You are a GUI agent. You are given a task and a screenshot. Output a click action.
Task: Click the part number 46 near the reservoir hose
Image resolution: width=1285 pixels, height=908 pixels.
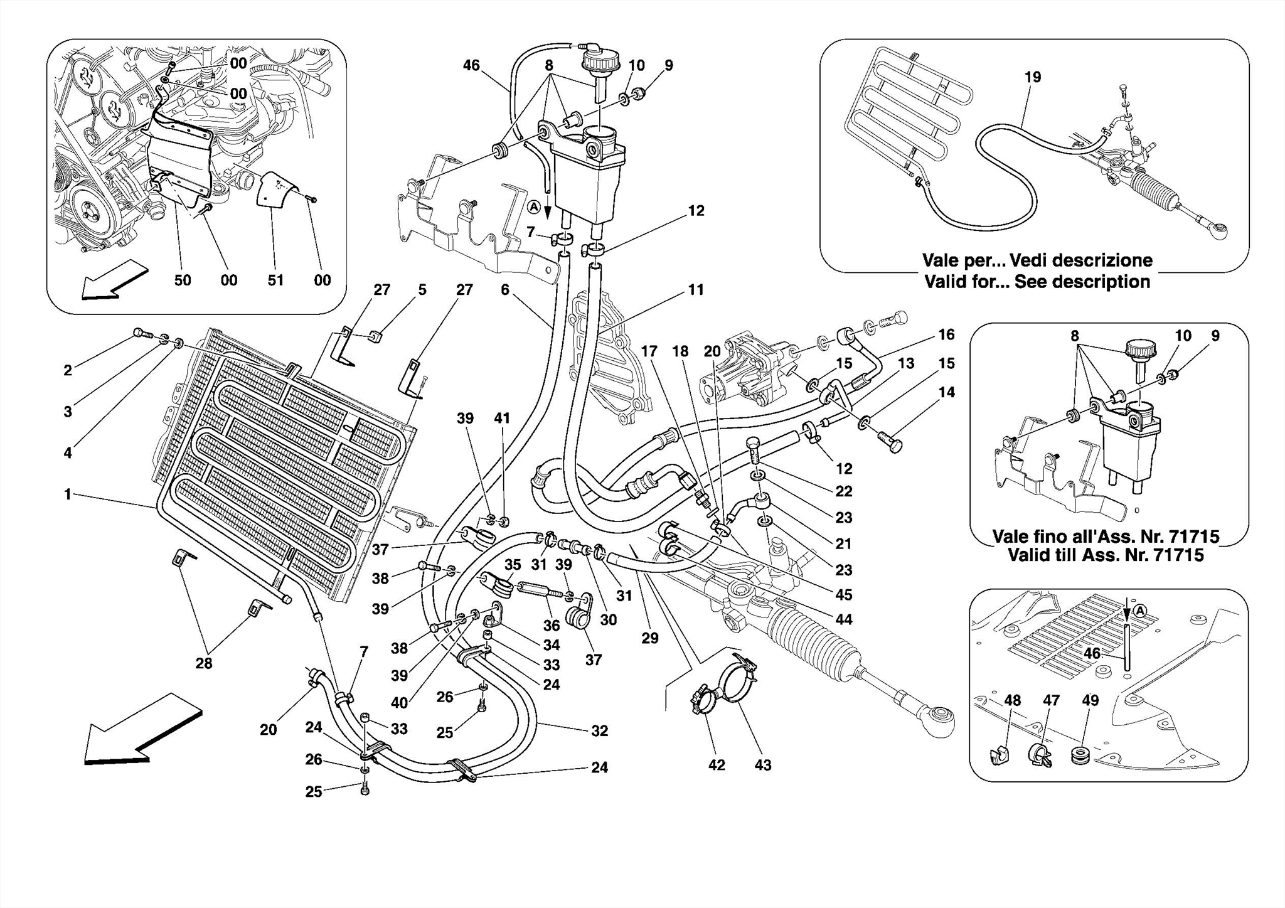[471, 65]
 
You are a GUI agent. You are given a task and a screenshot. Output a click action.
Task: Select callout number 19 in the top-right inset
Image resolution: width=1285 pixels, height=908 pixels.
[1032, 77]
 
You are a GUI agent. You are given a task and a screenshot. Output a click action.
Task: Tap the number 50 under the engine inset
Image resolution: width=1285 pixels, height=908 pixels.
[183, 280]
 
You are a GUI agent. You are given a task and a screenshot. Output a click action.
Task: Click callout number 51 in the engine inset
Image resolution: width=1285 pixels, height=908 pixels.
[276, 280]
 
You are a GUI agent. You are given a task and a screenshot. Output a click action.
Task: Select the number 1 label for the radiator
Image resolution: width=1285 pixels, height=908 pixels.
[68, 495]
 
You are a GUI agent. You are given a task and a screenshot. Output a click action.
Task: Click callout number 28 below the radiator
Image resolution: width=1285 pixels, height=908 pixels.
[204, 663]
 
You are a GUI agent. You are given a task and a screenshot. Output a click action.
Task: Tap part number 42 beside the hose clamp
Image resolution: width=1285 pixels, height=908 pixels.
[717, 765]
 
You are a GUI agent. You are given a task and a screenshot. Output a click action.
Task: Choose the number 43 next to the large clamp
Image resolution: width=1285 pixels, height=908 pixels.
[762, 765]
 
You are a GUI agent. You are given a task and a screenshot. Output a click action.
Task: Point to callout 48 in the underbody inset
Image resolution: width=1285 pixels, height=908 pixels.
[1012, 700]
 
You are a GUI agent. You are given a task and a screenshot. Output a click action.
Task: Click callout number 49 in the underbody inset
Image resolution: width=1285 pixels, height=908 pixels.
[1090, 700]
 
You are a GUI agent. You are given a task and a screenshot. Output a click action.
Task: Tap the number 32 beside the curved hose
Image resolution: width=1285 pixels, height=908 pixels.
[599, 730]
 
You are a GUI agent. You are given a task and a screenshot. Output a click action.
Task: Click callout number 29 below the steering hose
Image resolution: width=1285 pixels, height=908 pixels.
[650, 638]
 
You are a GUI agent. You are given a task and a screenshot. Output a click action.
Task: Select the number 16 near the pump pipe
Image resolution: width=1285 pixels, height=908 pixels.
[946, 334]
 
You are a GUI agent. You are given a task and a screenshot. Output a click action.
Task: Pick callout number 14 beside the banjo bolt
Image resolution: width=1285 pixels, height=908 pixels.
[946, 392]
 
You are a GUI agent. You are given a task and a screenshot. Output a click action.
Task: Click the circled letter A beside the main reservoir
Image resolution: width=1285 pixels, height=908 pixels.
[533, 206]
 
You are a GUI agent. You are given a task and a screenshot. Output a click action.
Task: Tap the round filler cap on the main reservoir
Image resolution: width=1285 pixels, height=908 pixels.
[599, 62]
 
